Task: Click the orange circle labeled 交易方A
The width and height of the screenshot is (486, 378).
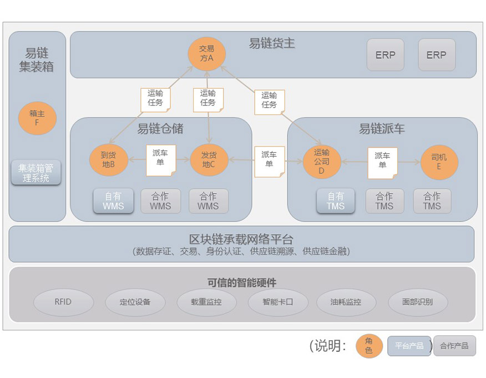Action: tap(207, 54)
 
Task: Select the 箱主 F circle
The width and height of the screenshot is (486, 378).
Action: tap(37, 118)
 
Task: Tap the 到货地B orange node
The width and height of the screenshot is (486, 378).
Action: tap(109, 160)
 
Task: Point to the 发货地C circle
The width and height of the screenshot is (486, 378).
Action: tap(209, 160)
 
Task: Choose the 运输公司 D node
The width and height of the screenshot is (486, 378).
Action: tap(322, 162)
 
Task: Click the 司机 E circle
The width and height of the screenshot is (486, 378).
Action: tap(439, 162)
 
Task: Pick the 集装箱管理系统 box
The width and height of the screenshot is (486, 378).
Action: tap(36, 173)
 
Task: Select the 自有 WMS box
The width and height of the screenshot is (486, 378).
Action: tap(113, 201)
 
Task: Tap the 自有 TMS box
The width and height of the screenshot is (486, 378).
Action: tap(336, 201)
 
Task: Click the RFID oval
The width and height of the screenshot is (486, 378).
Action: tap(63, 302)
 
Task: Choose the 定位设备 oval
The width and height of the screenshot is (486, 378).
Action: tap(135, 302)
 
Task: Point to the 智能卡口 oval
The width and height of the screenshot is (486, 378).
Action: tap(278, 302)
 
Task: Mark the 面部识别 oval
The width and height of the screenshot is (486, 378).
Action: tap(418, 302)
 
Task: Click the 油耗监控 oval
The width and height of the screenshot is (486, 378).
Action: tap(346, 302)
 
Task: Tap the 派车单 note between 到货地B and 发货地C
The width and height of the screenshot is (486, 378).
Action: tap(161, 160)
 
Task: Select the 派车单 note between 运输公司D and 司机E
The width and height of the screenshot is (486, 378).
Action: tap(382, 163)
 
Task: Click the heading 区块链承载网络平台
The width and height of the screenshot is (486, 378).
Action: tap(241, 239)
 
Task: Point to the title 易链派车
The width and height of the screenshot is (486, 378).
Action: tap(382, 129)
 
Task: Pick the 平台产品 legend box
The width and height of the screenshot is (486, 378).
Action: tap(409, 346)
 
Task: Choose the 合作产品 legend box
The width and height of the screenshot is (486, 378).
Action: tap(454, 346)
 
